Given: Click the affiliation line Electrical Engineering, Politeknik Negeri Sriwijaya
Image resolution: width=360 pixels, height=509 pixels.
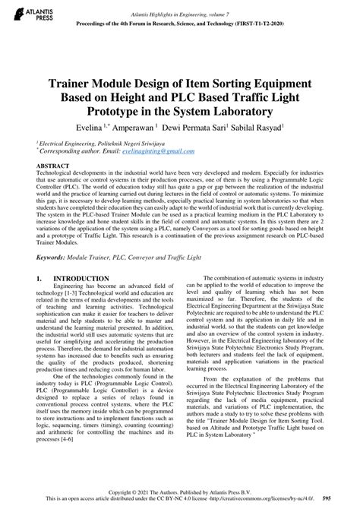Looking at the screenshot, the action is tap(99, 142).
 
